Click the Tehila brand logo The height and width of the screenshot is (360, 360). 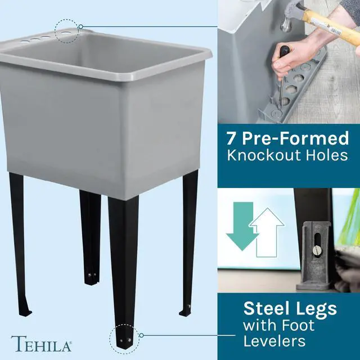[x=41, y=344]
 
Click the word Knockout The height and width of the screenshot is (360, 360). [x=264, y=155]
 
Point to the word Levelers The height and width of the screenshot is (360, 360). [x=274, y=341]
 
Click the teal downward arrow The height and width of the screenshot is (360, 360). [x=242, y=226]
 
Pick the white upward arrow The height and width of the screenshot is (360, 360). [x=267, y=232]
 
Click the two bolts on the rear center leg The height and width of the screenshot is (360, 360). [x=92, y=274]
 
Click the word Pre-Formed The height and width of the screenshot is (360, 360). [x=295, y=138]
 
